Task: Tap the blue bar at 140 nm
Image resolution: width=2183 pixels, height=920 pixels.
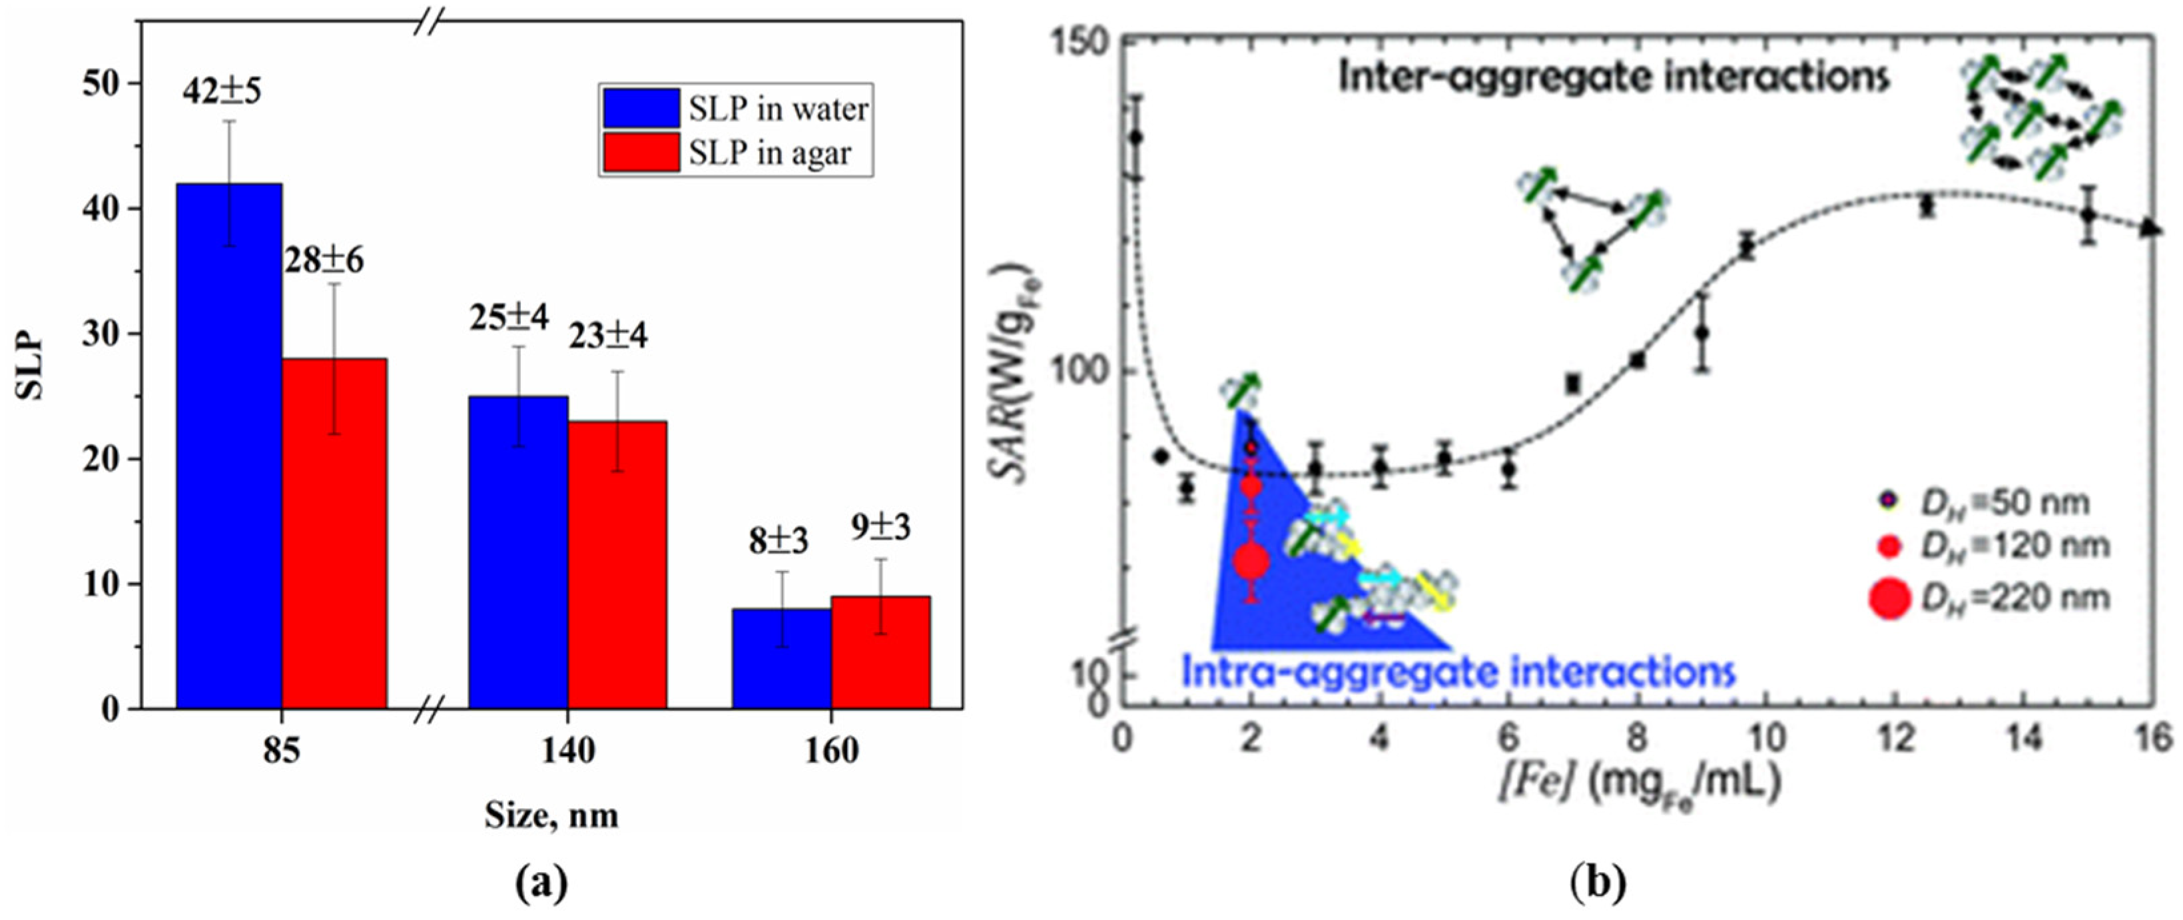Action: [x=518, y=551]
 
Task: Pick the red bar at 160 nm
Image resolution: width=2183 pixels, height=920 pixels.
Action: [x=880, y=652]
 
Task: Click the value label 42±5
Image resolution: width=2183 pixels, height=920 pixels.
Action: [x=222, y=90]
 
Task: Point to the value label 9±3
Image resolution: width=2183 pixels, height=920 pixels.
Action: [x=880, y=528]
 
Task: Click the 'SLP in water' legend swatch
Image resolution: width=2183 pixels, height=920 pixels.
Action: [x=641, y=109]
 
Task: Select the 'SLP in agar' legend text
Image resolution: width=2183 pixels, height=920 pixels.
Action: [x=769, y=153]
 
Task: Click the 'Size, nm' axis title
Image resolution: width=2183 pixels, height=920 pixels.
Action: [x=551, y=815]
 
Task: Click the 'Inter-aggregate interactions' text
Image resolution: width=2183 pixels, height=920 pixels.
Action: [x=1614, y=77]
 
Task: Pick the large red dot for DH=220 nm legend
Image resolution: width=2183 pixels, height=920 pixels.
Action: [x=1889, y=599]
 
